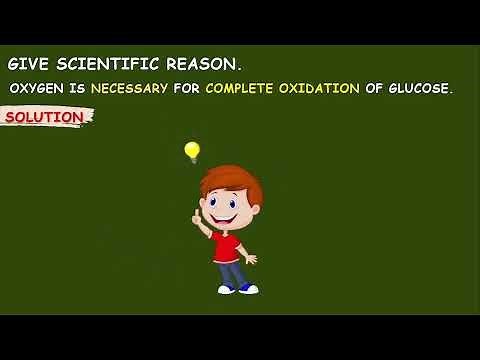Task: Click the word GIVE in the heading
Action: tap(26, 63)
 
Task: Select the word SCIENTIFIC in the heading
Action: tap(102, 63)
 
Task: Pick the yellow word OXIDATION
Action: tap(324, 88)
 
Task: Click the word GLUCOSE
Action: tap(420, 88)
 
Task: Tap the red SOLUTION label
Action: tap(45, 117)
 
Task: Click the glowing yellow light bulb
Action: tap(192, 151)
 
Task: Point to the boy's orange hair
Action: tap(232, 180)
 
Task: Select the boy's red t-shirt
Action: tap(228, 244)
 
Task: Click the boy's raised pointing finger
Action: tap(197, 214)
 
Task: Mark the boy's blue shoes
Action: tap(238, 289)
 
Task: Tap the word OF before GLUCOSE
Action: tap(376, 88)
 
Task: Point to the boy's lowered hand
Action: tap(252, 260)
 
